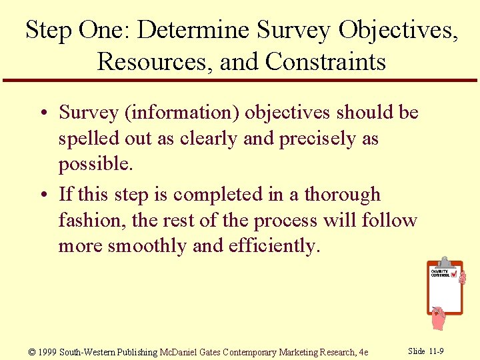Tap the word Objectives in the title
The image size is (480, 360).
click(x=397, y=30)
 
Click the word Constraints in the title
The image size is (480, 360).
click(x=325, y=61)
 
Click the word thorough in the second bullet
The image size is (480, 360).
click(x=342, y=195)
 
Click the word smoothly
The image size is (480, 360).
click(x=148, y=246)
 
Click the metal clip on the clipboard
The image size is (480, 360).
click(x=444, y=262)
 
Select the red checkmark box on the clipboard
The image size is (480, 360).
click(x=454, y=273)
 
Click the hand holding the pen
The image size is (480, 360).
click(x=438, y=318)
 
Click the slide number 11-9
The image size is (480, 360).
click(x=436, y=351)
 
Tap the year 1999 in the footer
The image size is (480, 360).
click(x=47, y=352)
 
